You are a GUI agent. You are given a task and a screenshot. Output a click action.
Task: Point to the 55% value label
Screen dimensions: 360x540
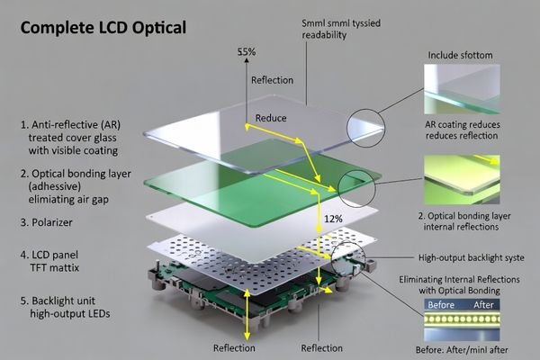[x=247, y=52]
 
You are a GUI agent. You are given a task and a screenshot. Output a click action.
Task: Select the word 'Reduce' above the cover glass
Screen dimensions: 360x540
[x=271, y=118]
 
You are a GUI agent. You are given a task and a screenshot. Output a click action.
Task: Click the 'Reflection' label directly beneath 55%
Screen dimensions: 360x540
[x=272, y=80]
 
